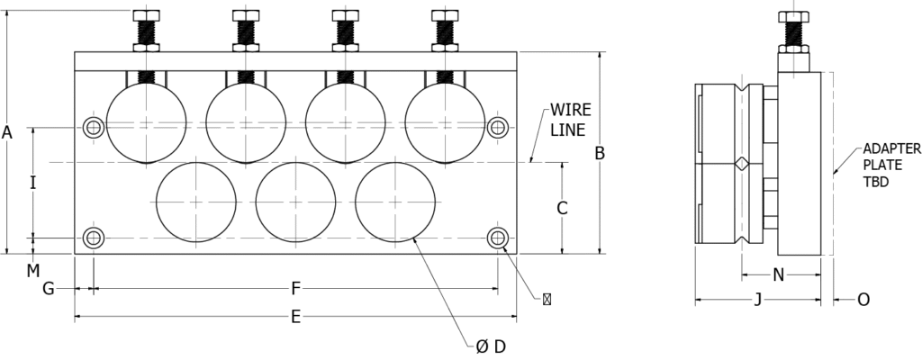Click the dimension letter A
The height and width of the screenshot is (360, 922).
pyautogui.click(x=7, y=132)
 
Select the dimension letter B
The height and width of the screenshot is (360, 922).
pyautogui.click(x=600, y=154)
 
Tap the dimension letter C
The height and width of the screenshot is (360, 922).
pyautogui.click(x=562, y=208)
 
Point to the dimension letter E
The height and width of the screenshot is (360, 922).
pyautogui.click(x=295, y=318)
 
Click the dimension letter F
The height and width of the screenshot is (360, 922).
pyautogui.click(x=295, y=288)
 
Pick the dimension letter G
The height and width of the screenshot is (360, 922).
pyautogui.click(x=49, y=288)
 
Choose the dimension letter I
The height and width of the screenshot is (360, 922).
pyautogui.click(x=33, y=183)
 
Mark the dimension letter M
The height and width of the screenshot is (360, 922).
pyautogui.click(x=33, y=271)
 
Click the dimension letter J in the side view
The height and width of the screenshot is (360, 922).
pyautogui.click(x=758, y=300)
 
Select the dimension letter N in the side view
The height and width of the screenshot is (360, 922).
pyautogui.click(x=779, y=274)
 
